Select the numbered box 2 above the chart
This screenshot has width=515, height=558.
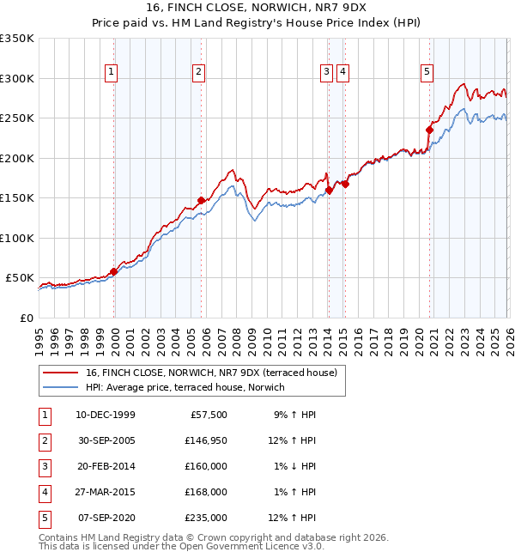pos(198,73)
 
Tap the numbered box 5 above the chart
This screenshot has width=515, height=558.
pos(427,73)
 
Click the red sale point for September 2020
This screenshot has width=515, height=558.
pos(428,130)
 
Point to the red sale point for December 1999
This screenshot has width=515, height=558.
pos(113,271)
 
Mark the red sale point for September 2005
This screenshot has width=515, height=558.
pos(201,200)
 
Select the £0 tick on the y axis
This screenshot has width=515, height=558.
pos(27,318)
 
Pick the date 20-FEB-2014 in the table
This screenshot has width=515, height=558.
pos(105,466)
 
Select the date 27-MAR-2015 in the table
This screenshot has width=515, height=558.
pos(105,492)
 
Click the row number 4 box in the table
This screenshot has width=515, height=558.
pos(43,492)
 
